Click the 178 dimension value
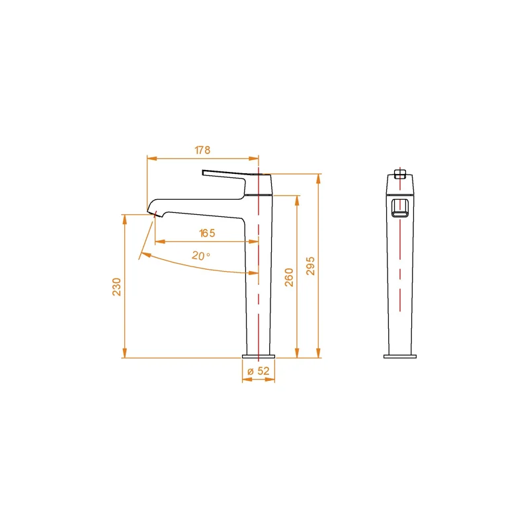click(202, 150)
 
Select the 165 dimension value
click(207, 233)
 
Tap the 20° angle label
click(201, 256)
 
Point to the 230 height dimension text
click(116, 286)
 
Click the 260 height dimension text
click(289, 278)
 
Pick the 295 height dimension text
click(311, 266)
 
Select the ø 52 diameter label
click(259, 371)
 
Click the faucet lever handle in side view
click(225, 175)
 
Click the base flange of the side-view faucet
click(259, 356)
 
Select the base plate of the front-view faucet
click(400, 356)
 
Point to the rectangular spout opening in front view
click(400, 207)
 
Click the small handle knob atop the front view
click(399, 174)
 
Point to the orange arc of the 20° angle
click(198, 266)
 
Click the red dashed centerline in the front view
click(400, 264)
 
